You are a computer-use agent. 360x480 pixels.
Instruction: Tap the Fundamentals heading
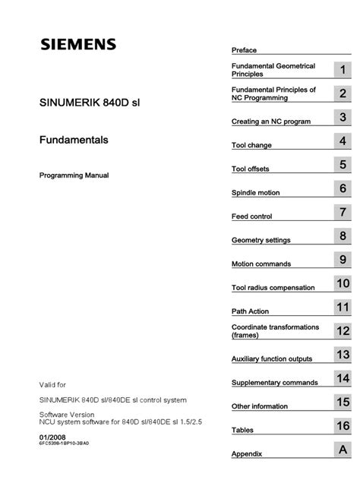73,140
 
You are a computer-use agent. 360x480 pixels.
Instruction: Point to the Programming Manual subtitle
74,175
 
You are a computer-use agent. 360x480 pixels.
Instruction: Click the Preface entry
244,50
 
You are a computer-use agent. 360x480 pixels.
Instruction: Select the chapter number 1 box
343,70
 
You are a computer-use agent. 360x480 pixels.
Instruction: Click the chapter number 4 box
343,141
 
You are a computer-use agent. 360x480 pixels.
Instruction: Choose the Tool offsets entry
250,169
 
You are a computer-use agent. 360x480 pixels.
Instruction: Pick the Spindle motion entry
254,193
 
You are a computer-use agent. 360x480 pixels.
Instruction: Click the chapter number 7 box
343,212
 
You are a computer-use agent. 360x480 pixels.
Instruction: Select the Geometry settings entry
261,241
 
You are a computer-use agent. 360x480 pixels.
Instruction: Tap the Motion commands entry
261,264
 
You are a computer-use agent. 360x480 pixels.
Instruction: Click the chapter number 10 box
343,283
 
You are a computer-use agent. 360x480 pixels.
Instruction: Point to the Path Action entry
249,311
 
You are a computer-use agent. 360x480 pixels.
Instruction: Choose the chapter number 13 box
343,355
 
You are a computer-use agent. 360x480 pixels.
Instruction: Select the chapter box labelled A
343,450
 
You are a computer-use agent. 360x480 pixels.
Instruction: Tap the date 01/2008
52,437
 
